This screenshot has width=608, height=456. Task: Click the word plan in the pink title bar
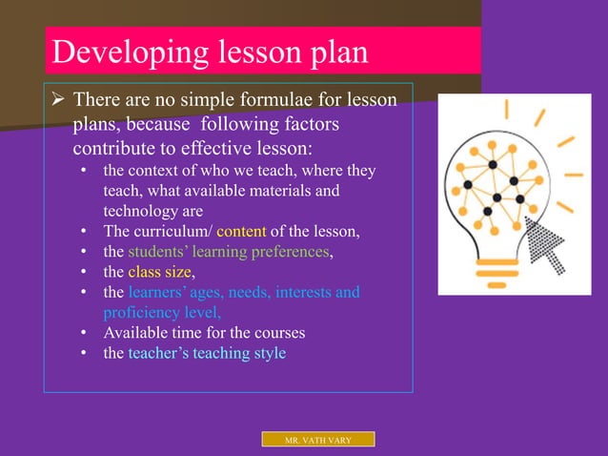(334, 52)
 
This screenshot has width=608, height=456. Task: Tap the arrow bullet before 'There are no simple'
(57, 100)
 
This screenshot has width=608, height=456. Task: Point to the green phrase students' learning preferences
(229, 252)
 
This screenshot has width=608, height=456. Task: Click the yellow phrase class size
(159, 272)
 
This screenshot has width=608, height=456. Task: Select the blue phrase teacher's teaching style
(207, 353)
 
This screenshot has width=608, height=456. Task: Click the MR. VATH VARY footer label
(318, 440)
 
